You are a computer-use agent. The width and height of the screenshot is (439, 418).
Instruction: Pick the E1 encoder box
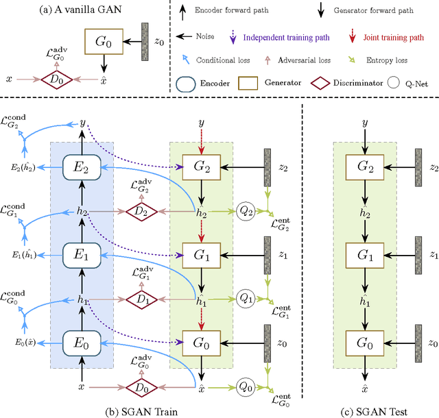(82, 254)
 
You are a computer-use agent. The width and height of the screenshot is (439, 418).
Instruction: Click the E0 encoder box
(82, 341)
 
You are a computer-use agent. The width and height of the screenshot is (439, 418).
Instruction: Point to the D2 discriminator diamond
(141, 212)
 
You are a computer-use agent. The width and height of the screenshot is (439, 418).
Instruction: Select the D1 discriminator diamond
(141, 299)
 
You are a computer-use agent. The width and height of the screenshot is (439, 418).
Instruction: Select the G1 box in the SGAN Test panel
(364, 254)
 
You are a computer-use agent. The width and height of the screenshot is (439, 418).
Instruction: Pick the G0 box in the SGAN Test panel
(364, 341)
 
